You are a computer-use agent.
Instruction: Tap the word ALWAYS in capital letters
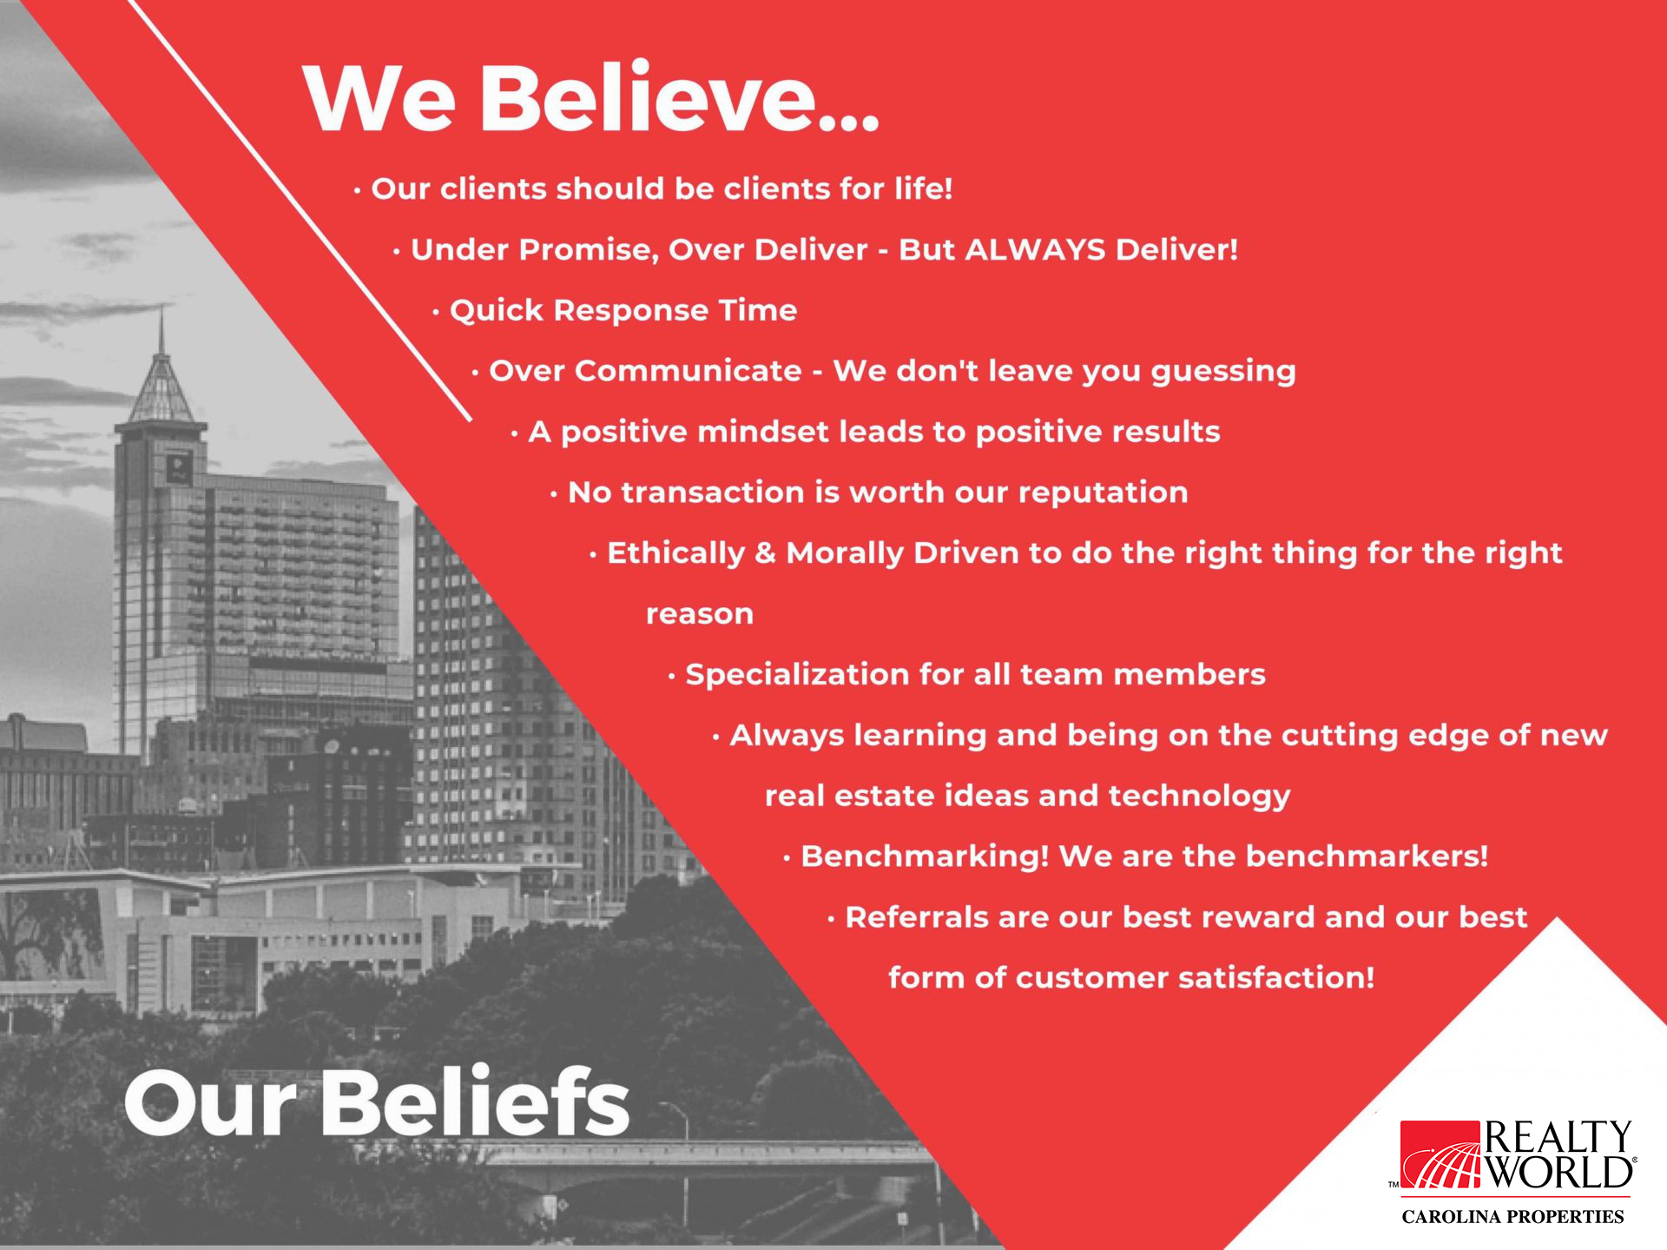pyautogui.click(x=1035, y=249)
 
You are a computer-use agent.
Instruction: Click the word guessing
pyautogui.click(x=1222, y=372)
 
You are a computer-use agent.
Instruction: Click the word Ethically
pyautogui.click(x=675, y=553)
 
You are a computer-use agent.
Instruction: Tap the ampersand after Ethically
pyautogui.click(x=765, y=553)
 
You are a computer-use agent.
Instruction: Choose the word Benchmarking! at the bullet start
pyautogui.click(x=925, y=856)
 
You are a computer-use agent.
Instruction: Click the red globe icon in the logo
pyautogui.click(x=1440, y=1154)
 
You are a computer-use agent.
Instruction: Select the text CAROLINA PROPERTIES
pyautogui.click(x=1512, y=1217)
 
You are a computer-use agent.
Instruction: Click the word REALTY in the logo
pyautogui.click(x=1558, y=1135)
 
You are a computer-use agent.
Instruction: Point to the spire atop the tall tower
pyautogui.click(x=161, y=330)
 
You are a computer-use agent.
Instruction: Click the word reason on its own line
pyautogui.click(x=700, y=615)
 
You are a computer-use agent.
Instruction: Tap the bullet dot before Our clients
pyautogui.click(x=357, y=190)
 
